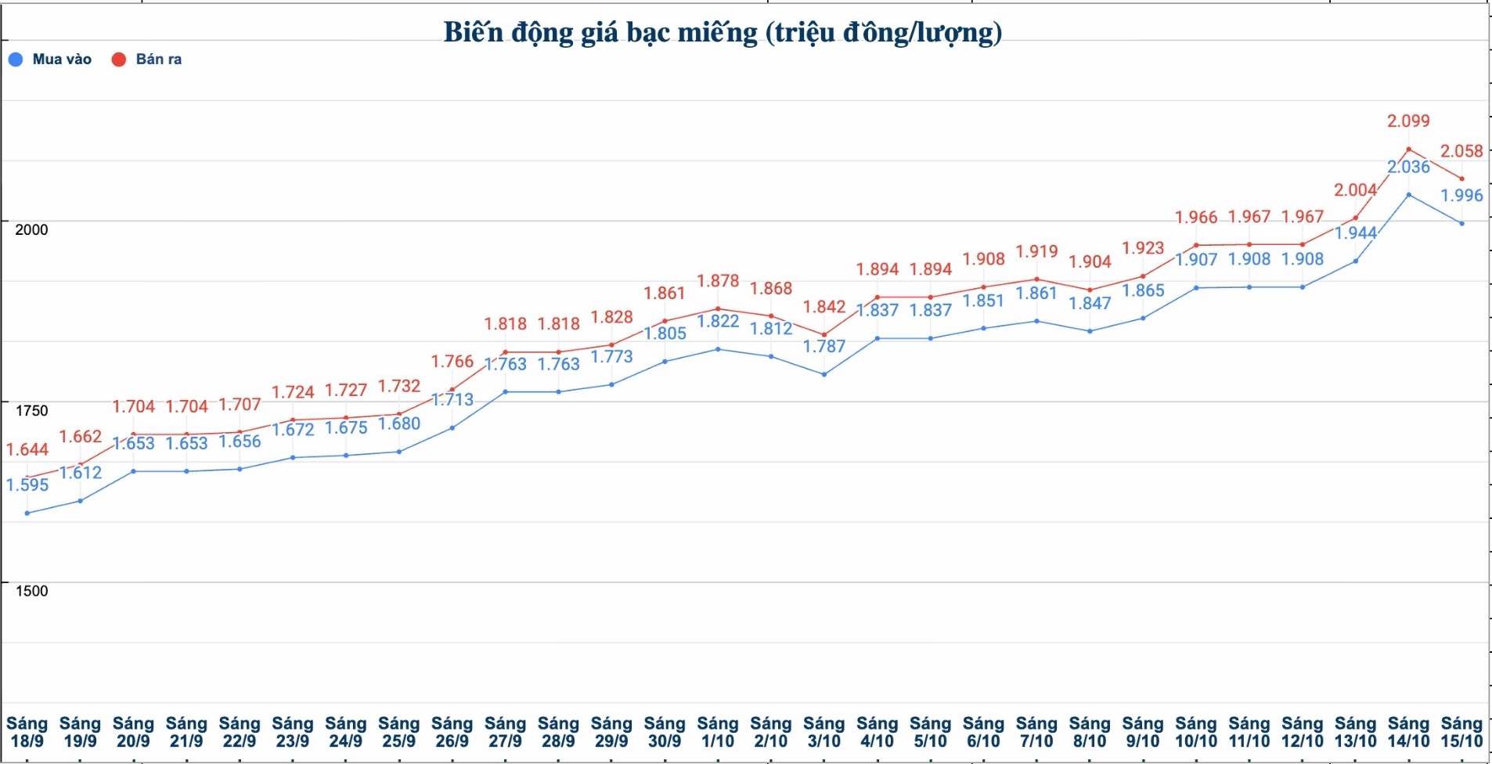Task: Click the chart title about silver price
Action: coord(723,33)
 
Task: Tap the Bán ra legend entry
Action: coord(147,59)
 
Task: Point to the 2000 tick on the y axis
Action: coord(31,229)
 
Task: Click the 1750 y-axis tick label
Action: coord(31,410)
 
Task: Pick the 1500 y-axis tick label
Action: coord(31,591)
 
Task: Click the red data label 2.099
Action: coord(1408,121)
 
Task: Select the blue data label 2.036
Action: coord(1408,167)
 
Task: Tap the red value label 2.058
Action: coord(1461,151)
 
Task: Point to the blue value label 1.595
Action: coord(27,485)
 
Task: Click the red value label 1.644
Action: coord(27,449)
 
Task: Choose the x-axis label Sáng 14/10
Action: coord(1408,732)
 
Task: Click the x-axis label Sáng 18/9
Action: coord(27,732)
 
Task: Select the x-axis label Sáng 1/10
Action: coord(718,732)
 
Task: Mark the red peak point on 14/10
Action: coord(1409,149)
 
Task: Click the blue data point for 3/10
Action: coord(824,374)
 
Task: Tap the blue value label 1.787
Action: coord(824,346)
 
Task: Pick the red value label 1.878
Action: coord(718,281)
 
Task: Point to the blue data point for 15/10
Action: coord(1461,224)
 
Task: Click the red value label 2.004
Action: coord(1355,190)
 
